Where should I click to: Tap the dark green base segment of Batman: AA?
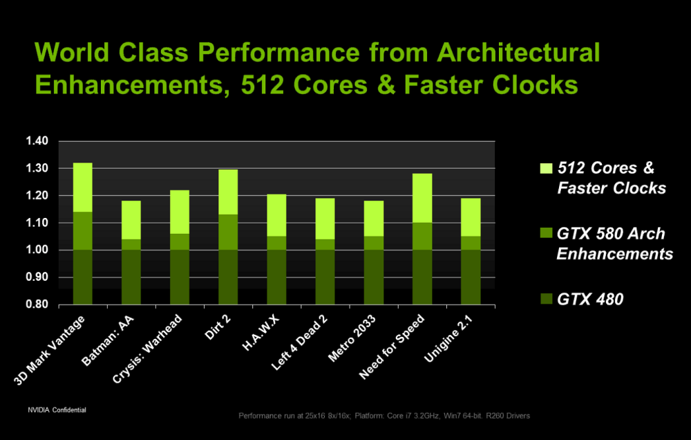(131, 277)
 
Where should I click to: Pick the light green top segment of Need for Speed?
(422, 198)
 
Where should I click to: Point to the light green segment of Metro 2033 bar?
(374, 218)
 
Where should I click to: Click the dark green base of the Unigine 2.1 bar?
(471, 277)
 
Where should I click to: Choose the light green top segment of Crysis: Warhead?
(180, 212)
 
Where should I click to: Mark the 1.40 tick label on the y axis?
(38, 141)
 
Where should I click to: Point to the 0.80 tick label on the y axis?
(38, 304)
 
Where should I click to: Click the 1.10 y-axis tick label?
(38, 223)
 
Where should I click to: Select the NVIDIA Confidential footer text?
(57, 410)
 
